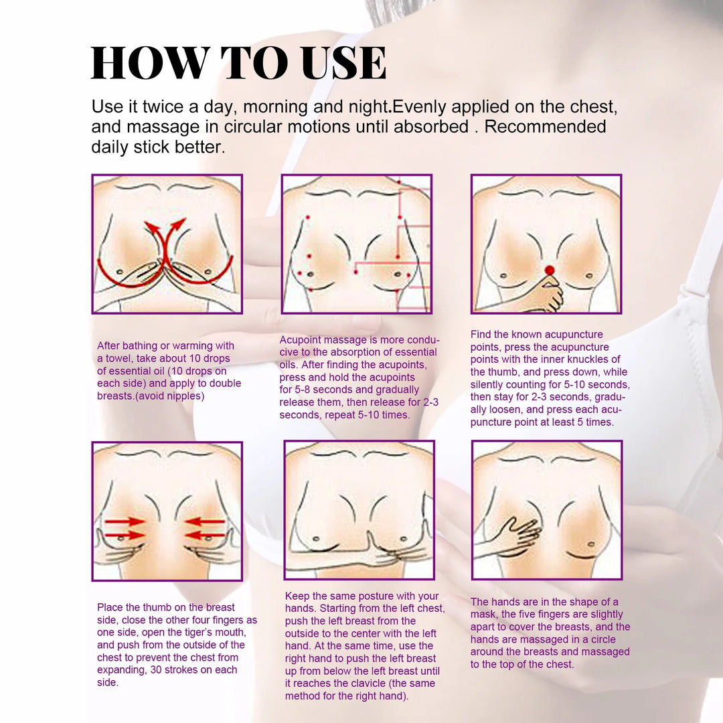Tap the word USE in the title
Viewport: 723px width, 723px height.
coord(343,64)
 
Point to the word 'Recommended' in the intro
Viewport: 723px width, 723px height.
coord(545,127)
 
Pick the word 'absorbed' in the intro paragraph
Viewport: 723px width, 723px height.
coord(431,127)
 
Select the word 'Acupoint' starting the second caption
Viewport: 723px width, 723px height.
coord(301,340)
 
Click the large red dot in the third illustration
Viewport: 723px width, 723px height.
coord(550,270)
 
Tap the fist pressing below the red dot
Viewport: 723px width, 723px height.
coord(548,295)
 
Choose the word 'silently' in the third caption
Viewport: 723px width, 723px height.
coord(492,384)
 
